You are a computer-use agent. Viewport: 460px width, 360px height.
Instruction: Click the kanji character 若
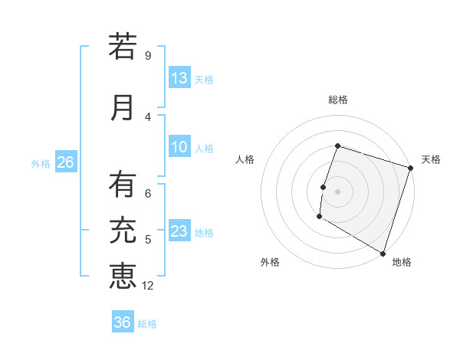coord(123,47)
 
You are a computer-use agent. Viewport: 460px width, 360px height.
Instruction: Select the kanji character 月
coord(123,107)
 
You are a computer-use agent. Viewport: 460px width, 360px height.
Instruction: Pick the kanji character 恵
coord(123,276)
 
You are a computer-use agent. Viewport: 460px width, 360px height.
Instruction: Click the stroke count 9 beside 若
coord(148,56)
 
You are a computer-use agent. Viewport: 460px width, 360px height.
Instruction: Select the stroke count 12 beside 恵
coord(149,286)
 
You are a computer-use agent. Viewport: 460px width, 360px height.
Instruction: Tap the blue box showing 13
coord(179,78)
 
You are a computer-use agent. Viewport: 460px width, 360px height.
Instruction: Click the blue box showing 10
coord(179,148)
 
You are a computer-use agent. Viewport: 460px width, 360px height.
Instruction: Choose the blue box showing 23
coord(179,232)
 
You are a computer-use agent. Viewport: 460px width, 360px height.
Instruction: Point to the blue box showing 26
coord(65,162)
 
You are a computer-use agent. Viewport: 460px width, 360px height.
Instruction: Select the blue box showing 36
coord(123,322)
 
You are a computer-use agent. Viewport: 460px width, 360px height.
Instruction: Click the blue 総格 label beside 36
coord(147,324)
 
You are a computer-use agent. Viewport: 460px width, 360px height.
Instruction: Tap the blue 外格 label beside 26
coord(41,164)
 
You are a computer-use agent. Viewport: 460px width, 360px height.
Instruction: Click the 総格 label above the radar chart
coord(337,100)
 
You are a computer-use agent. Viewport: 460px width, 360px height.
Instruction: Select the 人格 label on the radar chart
coord(245,159)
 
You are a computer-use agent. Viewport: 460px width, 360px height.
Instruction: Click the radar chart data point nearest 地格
coord(382,253)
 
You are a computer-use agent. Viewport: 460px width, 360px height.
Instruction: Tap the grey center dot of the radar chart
coord(337,191)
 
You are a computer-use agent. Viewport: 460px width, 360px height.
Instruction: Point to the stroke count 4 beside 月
coord(148,117)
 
